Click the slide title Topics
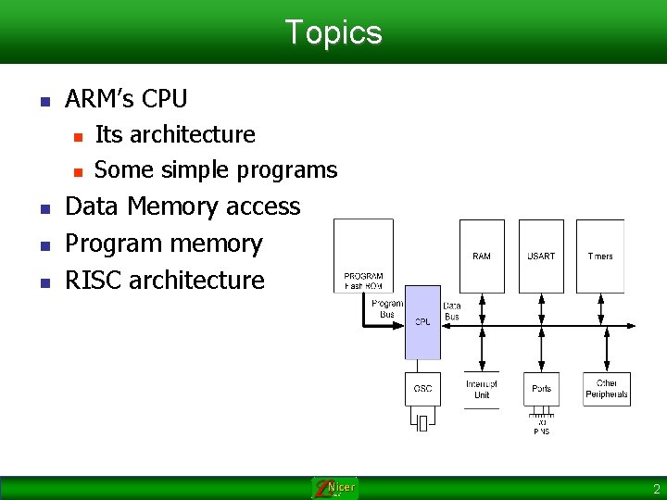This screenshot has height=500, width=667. tap(333, 32)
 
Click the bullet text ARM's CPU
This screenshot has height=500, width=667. tap(126, 99)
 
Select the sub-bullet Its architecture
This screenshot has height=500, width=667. tap(175, 135)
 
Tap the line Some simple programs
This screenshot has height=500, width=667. tap(216, 170)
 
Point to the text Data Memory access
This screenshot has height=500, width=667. tap(182, 206)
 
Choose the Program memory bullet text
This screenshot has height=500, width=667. tap(164, 244)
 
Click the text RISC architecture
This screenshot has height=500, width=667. tap(164, 280)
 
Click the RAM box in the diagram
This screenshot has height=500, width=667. tap(482, 256)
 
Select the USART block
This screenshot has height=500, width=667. tap(541, 256)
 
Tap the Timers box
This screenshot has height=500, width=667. tap(599, 256)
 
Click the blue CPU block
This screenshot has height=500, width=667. tap(422, 321)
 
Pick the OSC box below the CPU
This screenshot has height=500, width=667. tap(422, 389)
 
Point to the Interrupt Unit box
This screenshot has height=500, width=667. tap(482, 389)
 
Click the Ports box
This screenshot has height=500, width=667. tap(542, 389)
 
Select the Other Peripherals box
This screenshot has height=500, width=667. tap(607, 389)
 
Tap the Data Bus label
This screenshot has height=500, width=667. tap(452, 311)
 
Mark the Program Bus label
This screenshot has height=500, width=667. tap(387, 309)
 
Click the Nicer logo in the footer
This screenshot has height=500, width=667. tap(334, 488)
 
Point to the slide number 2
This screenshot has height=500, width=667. tap(656, 488)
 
